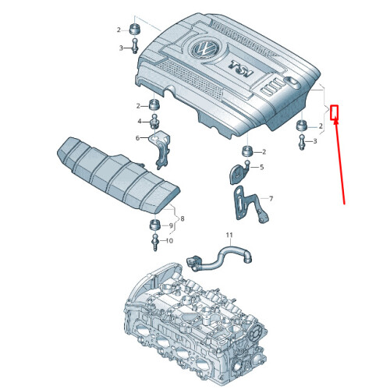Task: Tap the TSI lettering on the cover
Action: (241, 69)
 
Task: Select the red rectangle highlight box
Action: (334, 112)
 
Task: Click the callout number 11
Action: (229, 235)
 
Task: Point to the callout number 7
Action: (271, 199)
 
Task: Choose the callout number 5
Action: (261, 167)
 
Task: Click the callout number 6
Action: (138, 138)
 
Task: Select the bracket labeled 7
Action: (249, 205)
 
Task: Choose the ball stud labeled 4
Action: (154, 121)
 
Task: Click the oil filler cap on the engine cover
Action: (293, 83)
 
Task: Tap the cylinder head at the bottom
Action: (196, 326)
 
